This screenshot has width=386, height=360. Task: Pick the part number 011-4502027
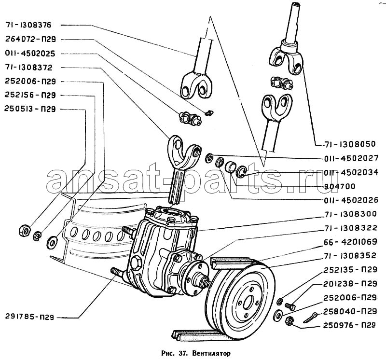(351, 158)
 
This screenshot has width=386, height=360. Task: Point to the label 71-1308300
(351, 213)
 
